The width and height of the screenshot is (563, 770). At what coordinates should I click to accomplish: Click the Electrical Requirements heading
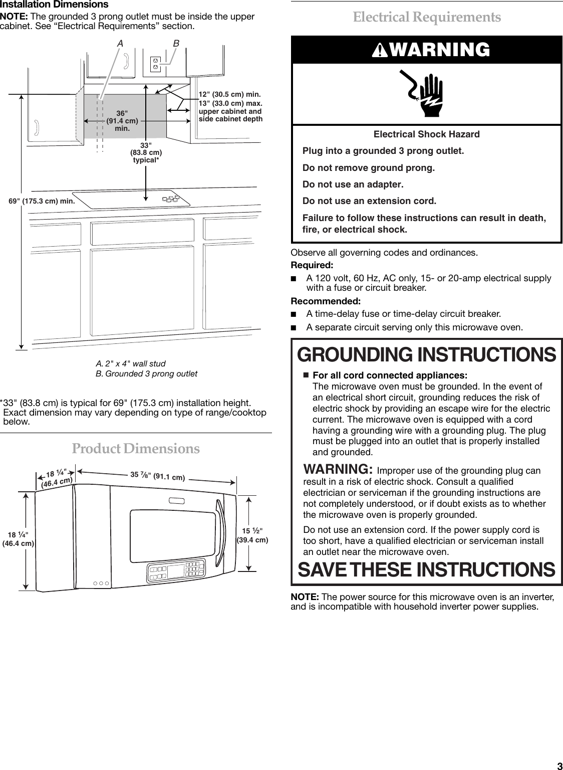click(426, 17)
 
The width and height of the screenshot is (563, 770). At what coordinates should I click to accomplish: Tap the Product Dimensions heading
click(136, 448)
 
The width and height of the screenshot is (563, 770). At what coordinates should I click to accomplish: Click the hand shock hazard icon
click(426, 94)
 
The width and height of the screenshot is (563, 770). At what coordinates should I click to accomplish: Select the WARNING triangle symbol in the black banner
click(380, 50)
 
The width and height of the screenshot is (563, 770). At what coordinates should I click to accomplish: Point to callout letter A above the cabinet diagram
click(120, 44)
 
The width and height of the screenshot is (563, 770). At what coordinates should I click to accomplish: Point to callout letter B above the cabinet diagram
click(176, 44)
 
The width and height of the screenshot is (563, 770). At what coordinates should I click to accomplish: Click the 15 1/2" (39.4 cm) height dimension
click(252, 535)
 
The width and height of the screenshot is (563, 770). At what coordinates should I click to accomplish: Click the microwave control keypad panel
click(176, 572)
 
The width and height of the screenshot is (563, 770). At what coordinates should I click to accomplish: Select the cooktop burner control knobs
click(171, 199)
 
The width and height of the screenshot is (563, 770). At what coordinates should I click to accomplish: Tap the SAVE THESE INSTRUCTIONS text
click(426, 570)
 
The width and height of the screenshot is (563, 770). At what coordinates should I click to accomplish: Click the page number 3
click(559, 765)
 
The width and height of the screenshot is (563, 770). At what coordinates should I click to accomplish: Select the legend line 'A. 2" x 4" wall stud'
click(130, 363)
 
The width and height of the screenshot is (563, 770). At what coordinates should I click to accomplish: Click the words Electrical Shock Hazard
click(426, 134)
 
